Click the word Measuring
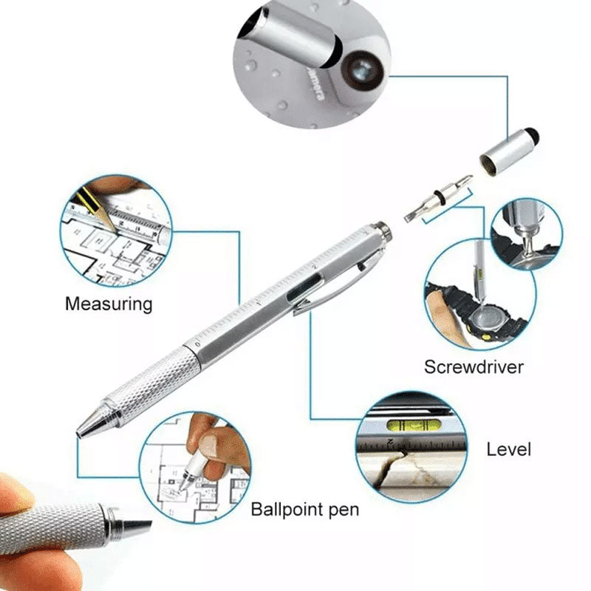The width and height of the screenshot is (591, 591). pyautogui.click(x=109, y=303)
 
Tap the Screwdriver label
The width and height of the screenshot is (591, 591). pyautogui.click(x=474, y=367)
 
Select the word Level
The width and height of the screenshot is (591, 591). pyautogui.click(x=508, y=448)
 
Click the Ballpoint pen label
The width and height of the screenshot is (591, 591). pyautogui.click(x=304, y=509)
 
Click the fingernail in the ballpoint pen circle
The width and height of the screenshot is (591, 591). pyautogui.click(x=210, y=444)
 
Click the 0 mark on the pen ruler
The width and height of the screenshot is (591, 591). pyautogui.click(x=198, y=344)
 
